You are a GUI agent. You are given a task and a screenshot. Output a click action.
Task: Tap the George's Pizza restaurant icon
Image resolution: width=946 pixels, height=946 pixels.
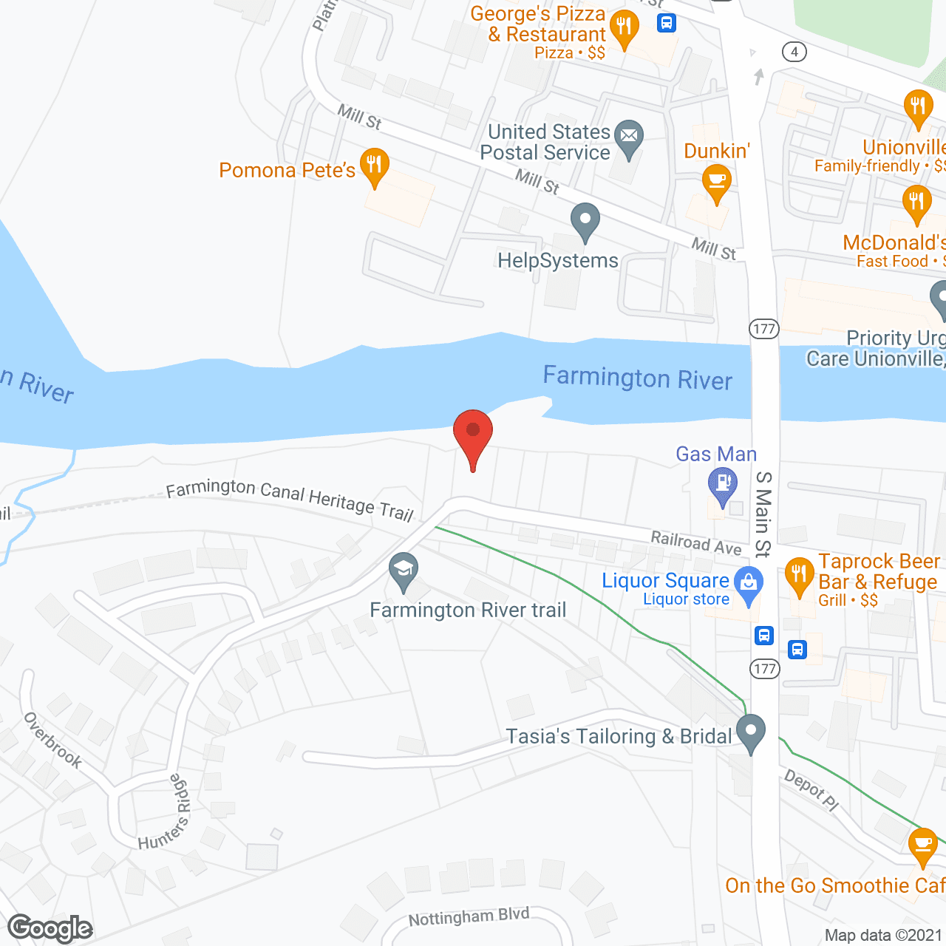(x=625, y=27)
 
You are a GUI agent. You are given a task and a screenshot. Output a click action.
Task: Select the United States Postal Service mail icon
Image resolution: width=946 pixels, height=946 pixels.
(x=629, y=137)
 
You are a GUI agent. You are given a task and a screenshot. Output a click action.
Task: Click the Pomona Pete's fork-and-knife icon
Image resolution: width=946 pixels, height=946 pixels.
(x=375, y=165)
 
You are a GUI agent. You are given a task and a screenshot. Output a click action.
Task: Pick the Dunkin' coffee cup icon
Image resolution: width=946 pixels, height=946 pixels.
(x=716, y=180)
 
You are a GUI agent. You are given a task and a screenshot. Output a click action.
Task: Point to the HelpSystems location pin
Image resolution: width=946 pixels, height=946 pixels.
(x=585, y=220)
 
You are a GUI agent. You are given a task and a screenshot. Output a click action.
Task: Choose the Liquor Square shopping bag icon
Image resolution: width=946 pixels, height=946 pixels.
(x=749, y=582)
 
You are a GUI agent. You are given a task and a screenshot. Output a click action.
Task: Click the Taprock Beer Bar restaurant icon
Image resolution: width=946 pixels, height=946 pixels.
(x=799, y=574)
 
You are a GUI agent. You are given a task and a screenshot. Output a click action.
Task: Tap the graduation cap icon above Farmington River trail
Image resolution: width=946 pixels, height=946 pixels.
(x=404, y=570)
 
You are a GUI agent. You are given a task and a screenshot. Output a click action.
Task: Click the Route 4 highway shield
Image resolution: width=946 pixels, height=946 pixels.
(x=794, y=52)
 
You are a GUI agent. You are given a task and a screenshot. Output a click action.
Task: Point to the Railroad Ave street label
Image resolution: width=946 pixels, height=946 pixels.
(x=695, y=542)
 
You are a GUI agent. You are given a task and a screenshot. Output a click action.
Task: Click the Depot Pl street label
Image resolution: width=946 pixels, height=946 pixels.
(x=811, y=790)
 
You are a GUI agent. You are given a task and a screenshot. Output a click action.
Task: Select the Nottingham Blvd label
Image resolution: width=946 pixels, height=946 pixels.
(x=469, y=917)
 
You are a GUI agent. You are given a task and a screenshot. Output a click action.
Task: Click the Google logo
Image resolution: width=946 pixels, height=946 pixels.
(x=50, y=928)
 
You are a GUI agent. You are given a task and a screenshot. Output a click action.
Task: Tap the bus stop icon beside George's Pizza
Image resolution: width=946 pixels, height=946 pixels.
(x=667, y=23)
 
